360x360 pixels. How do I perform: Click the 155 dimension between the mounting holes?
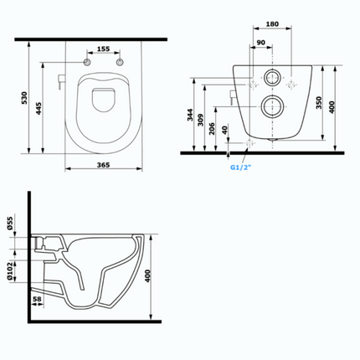[103, 50]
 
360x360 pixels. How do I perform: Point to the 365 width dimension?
[103, 166]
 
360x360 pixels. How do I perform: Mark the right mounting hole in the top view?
[119, 64]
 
